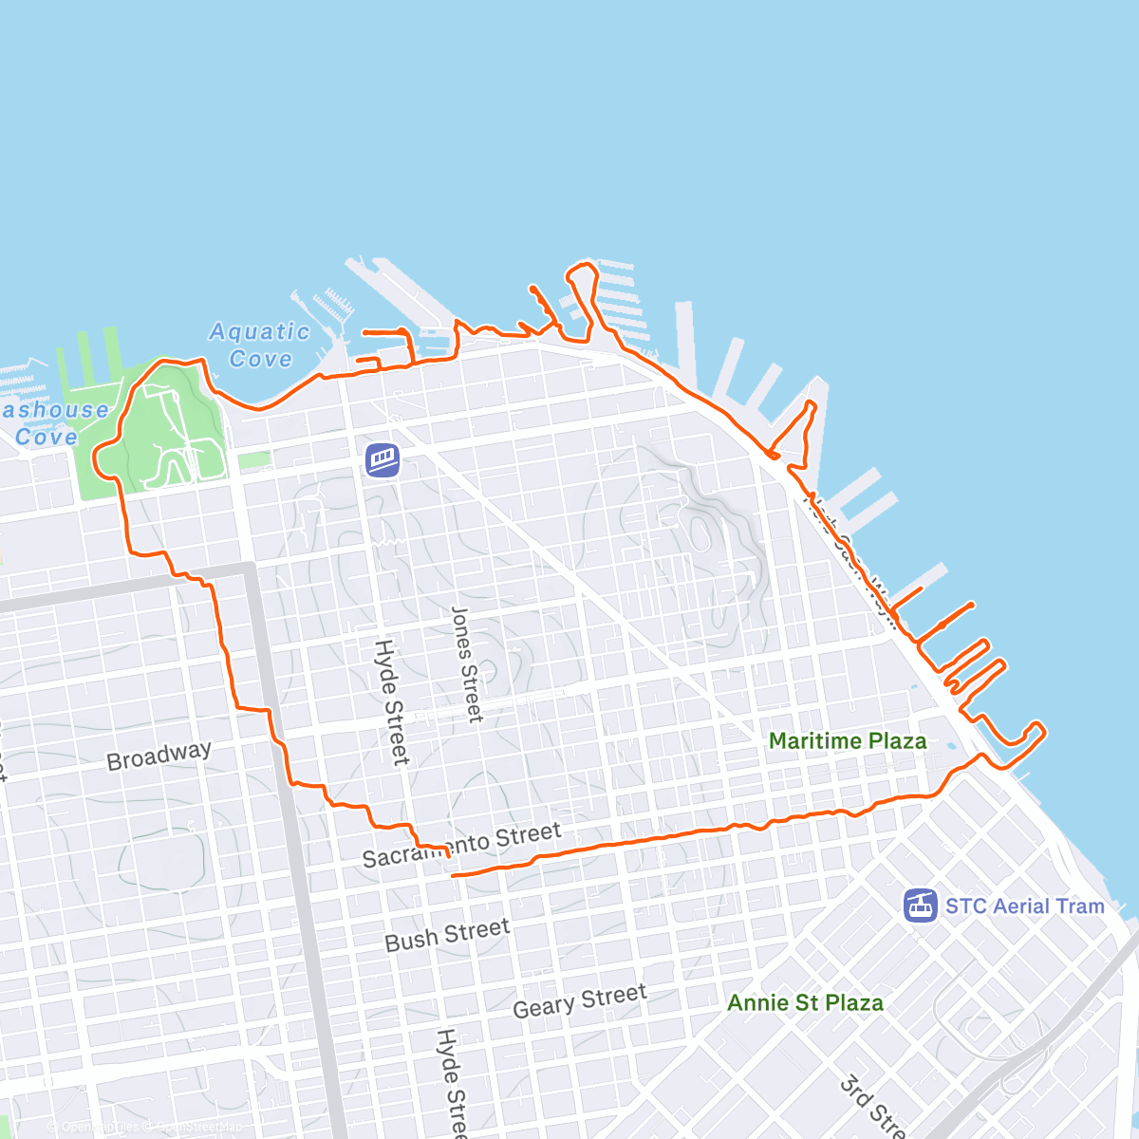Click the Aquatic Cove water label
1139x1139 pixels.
point(258,345)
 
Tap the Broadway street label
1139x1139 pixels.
point(159,756)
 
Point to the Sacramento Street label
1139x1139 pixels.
point(462,845)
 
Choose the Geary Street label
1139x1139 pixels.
point(579,1001)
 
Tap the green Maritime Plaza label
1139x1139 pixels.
point(847,741)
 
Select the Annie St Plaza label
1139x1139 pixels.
point(805,1002)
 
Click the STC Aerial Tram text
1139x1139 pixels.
point(1024,906)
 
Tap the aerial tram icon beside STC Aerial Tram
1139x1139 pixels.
point(921,906)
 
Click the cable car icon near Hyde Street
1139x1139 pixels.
point(383,460)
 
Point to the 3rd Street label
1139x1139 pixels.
point(871,1107)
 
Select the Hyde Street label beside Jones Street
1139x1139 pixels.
point(391,701)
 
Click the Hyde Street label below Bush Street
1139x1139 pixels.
point(451,1082)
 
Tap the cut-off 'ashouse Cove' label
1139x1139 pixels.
point(52,423)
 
